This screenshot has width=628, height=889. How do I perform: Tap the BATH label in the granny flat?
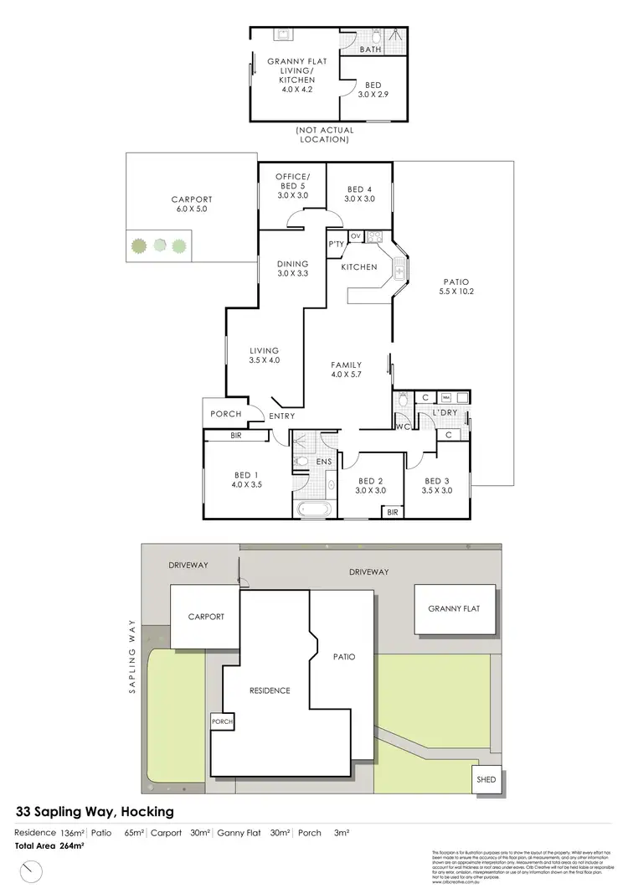point(370,50)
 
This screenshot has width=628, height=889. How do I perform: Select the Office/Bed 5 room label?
point(293,184)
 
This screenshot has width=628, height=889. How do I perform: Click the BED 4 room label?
point(358,194)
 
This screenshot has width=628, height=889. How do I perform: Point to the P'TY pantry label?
point(337,244)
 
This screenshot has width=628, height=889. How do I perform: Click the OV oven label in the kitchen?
point(355,235)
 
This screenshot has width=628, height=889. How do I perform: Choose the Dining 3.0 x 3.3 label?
point(293,267)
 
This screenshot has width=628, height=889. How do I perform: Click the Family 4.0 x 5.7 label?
point(346,370)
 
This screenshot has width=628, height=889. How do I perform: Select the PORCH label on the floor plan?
point(225,414)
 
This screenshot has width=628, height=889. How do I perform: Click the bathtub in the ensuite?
point(311,508)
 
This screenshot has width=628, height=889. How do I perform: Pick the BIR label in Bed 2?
point(393,512)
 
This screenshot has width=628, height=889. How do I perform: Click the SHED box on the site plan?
point(486,779)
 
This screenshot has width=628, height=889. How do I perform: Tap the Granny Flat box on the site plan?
point(454,609)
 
